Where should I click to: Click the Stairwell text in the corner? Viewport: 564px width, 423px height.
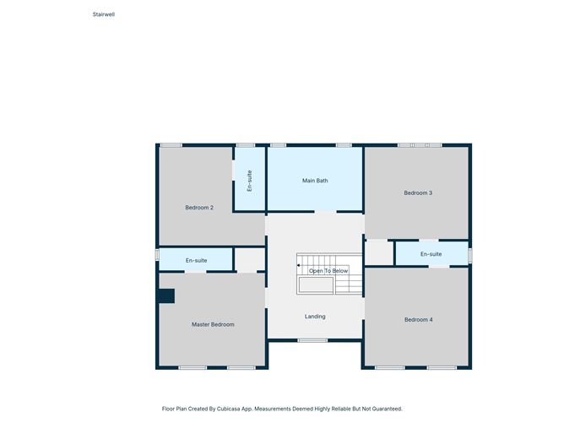[x=104, y=14]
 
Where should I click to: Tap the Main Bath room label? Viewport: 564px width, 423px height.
[x=315, y=181]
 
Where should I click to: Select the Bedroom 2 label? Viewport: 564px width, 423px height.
[x=199, y=208]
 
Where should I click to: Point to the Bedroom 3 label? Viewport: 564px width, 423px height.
[x=418, y=193]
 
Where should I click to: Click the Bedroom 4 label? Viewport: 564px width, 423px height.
[x=418, y=319]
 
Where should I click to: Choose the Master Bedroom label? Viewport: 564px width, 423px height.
[x=213, y=324]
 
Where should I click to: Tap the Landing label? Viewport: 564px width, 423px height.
[x=315, y=317]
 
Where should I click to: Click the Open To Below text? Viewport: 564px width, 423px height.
[x=328, y=271]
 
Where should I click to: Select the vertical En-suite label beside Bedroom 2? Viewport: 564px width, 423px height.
[x=250, y=181]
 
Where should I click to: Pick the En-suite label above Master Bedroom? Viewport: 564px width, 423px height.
[x=197, y=260]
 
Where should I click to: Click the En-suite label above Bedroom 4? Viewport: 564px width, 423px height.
[x=431, y=254]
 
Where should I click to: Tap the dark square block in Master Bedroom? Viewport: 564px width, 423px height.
[x=167, y=296]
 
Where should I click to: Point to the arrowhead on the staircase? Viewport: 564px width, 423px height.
[x=299, y=265]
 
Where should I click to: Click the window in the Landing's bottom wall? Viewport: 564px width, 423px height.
[x=312, y=340]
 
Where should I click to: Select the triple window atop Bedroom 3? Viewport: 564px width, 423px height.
[x=420, y=145]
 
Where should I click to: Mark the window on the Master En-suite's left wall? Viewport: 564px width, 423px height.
[x=157, y=255]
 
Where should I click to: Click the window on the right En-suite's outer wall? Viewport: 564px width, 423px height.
[x=470, y=255]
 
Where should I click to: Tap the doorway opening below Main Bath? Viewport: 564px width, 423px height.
[x=326, y=212]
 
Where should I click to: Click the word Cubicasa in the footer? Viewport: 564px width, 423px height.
[x=229, y=409]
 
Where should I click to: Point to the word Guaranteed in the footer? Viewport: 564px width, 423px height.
[x=387, y=409]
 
